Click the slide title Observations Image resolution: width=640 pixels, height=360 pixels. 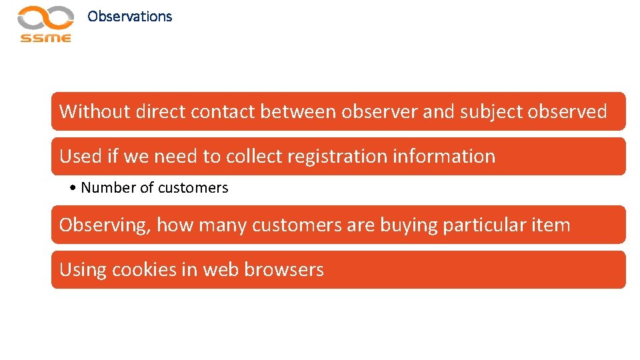[129, 17]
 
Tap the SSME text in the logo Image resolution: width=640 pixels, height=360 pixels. [45, 38]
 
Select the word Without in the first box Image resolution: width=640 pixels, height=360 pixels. [95, 111]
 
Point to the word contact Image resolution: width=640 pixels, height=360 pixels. [223, 111]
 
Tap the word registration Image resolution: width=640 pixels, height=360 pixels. [346, 157]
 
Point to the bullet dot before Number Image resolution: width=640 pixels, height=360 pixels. [73, 188]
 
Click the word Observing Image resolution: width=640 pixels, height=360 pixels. [105, 225]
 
